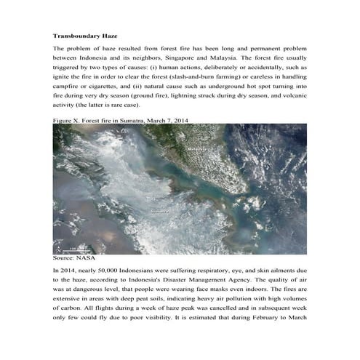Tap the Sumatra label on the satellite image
158,211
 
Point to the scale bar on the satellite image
69,248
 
